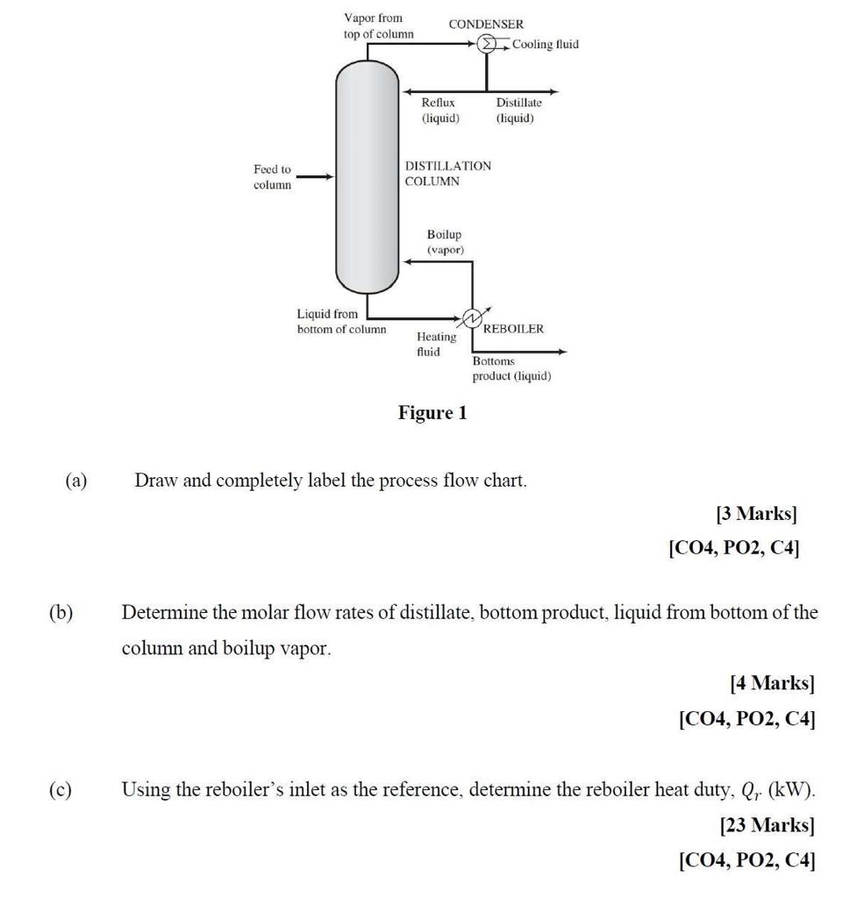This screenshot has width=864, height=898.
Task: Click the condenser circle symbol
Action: (x=487, y=45)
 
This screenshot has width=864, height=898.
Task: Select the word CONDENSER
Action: (x=486, y=25)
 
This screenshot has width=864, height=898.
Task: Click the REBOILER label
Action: (x=513, y=329)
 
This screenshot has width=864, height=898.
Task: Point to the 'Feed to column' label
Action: (x=272, y=177)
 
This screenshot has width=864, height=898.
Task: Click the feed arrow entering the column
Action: (x=315, y=176)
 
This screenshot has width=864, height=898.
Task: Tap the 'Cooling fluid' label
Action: (x=546, y=44)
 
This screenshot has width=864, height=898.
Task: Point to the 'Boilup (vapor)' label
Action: (x=445, y=242)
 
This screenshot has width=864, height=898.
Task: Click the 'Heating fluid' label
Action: (x=436, y=344)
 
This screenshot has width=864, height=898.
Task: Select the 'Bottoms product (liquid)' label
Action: (x=511, y=368)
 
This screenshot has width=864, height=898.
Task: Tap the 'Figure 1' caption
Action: (x=432, y=412)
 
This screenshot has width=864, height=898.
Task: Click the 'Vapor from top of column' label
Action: (x=378, y=25)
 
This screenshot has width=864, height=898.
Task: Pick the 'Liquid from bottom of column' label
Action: (x=340, y=321)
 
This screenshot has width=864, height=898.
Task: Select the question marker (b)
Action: (x=61, y=612)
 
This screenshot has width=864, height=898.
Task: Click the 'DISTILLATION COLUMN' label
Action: (x=447, y=174)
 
